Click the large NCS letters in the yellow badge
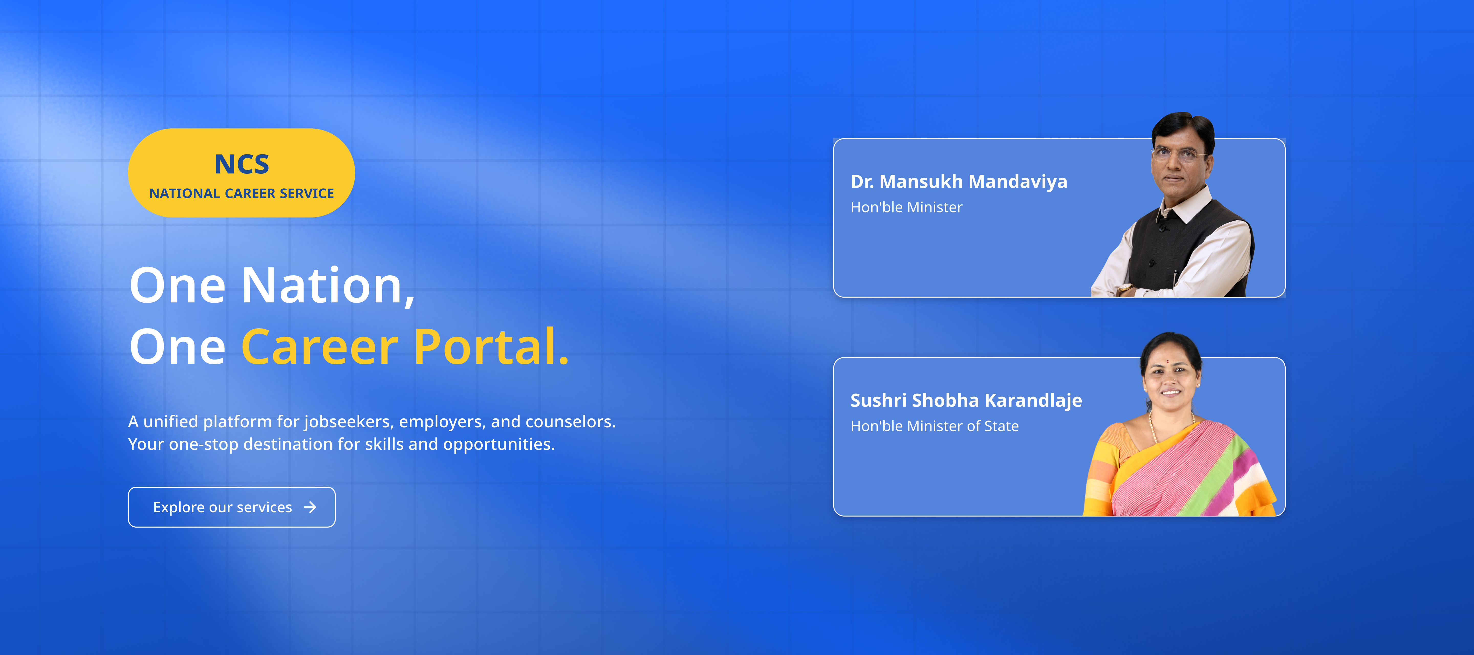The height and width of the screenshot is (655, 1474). [x=242, y=164]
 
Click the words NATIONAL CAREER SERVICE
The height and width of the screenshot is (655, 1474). [x=242, y=193]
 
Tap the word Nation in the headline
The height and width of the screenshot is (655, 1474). [x=328, y=286]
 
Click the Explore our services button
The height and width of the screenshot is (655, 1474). [x=232, y=507]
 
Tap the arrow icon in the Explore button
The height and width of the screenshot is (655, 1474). [x=310, y=507]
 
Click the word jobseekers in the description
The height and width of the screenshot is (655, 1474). [x=349, y=422]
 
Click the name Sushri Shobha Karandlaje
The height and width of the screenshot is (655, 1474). [x=966, y=400]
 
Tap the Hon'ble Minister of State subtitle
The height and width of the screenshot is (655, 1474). [x=934, y=426]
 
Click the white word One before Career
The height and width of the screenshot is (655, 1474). [x=177, y=347]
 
